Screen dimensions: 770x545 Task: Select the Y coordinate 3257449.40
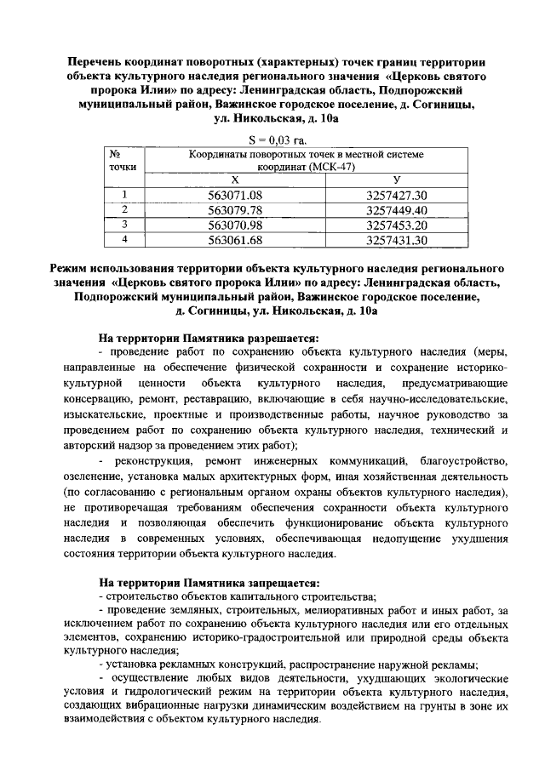tap(396, 210)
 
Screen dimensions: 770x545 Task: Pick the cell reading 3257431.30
tap(396, 240)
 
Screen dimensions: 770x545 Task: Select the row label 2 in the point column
tap(124, 209)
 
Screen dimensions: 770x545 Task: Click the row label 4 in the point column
tap(124, 239)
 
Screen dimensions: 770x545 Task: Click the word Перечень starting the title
tap(101, 62)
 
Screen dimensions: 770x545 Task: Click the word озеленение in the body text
tap(94, 475)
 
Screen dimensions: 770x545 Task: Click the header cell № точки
tap(124, 161)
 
